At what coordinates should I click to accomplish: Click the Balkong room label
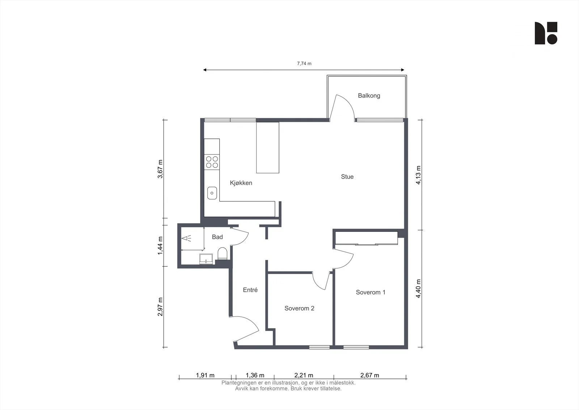click(x=369, y=96)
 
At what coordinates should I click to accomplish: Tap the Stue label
click(x=347, y=177)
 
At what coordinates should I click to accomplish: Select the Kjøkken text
click(x=241, y=183)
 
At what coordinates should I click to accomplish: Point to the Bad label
click(x=217, y=237)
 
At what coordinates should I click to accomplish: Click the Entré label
click(x=250, y=290)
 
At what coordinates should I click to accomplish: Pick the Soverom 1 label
click(x=371, y=292)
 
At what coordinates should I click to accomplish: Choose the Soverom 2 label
click(x=299, y=308)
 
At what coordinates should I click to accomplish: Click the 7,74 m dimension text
click(x=304, y=63)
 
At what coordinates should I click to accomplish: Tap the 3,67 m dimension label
click(x=160, y=169)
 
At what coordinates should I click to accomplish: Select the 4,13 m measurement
click(x=418, y=175)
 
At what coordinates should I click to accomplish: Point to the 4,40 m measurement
click(x=418, y=289)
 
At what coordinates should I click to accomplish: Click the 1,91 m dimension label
click(x=205, y=375)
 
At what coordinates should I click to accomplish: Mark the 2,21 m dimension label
click(x=304, y=375)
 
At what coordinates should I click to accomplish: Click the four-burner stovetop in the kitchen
click(x=212, y=162)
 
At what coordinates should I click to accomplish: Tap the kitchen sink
click(x=212, y=193)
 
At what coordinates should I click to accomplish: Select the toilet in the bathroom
click(x=222, y=253)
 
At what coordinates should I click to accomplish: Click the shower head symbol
click(x=186, y=238)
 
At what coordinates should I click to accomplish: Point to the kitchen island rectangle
click(x=267, y=148)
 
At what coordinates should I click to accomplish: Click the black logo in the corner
click(x=546, y=33)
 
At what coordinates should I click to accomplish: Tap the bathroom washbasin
click(x=206, y=259)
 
